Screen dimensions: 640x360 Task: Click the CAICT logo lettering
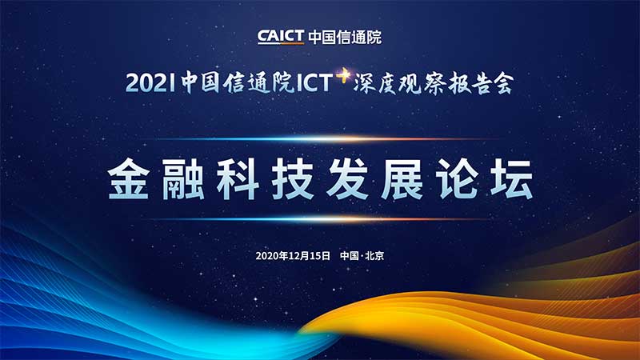tap(281, 37)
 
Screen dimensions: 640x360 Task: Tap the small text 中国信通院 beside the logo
tap(345, 37)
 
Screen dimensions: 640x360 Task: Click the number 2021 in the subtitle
tap(150, 83)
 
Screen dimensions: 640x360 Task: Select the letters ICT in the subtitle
tap(314, 83)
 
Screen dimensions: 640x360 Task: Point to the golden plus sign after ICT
tap(343, 74)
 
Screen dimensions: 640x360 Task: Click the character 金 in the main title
tap(128, 179)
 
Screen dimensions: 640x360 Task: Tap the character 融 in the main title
tap(183, 179)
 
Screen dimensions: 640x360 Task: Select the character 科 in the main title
tap(238, 179)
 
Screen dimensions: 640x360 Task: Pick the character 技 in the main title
tap(293, 179)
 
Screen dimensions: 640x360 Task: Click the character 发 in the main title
tap(347, 179)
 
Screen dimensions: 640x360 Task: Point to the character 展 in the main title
tap(402, 179)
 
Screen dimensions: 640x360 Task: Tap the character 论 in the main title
tap(457, 179)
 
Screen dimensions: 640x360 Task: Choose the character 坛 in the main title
tap(512, 179)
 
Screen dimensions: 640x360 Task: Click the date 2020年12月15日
tap(293, 256)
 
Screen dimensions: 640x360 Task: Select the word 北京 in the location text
tap(374, 256)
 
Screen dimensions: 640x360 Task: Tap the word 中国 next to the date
tap(350, 256)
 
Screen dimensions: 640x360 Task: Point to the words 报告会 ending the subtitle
tap(481, 83)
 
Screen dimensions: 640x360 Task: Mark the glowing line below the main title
tap(322, 219)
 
